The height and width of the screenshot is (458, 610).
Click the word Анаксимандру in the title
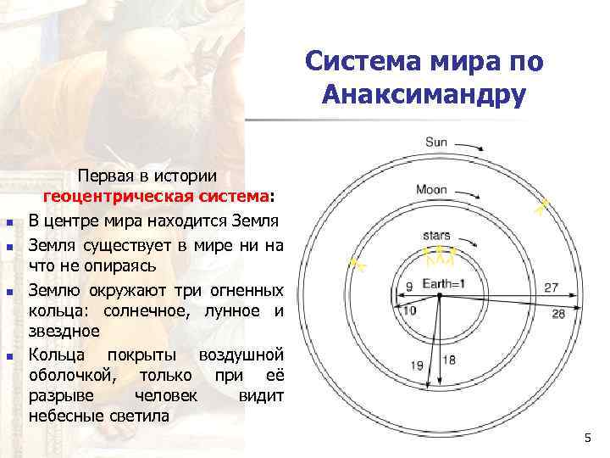pos(424,93)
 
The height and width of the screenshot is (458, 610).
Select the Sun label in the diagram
pos(435,142)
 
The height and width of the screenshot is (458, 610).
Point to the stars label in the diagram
pos(436,235)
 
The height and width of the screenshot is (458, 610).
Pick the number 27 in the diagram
pos(552,288)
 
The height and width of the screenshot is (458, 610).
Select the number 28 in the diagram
pos(557,314)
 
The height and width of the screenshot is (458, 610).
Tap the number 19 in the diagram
pos(417,365)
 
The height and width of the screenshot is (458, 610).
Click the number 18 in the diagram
pos(449,360)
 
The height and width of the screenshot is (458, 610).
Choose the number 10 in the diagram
pos(409,310)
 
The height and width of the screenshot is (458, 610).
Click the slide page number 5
pos(587,437)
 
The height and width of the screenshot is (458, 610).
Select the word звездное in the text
pos(64,330)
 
